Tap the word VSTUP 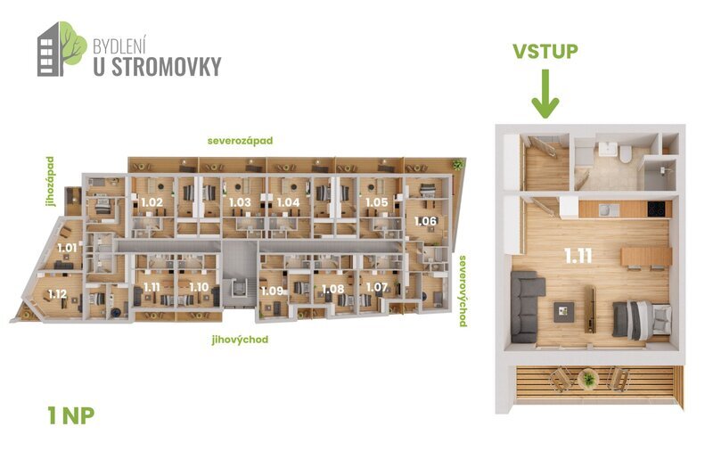coord(545,50)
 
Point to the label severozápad coord(239,141)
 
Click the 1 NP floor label coord(70,414)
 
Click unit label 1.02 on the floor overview coord(152,202)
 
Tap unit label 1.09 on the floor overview coord(271,290)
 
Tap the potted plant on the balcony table coord(587,379)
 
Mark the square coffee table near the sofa coord(564,310)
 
